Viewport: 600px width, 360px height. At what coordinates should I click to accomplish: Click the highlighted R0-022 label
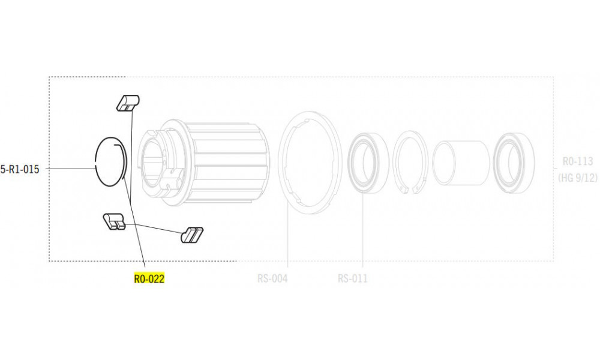click(149, 278)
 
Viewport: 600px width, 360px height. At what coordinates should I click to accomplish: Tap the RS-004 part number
click(272, 278)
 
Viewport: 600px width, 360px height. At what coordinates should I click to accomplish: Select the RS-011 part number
click(352, 278)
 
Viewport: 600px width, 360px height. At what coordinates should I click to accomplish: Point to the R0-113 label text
click(577, 161)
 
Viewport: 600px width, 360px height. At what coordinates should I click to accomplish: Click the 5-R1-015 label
click(20, 169)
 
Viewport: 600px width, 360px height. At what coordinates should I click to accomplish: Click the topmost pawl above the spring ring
click(127, 103)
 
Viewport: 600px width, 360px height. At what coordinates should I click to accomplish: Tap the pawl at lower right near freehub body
click(192, 234)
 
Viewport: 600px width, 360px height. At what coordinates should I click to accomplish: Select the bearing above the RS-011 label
click(364, 163)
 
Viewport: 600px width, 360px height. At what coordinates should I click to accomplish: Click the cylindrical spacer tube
click(460, 163)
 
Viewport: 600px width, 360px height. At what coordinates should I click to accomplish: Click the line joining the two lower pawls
click(153, 228)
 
